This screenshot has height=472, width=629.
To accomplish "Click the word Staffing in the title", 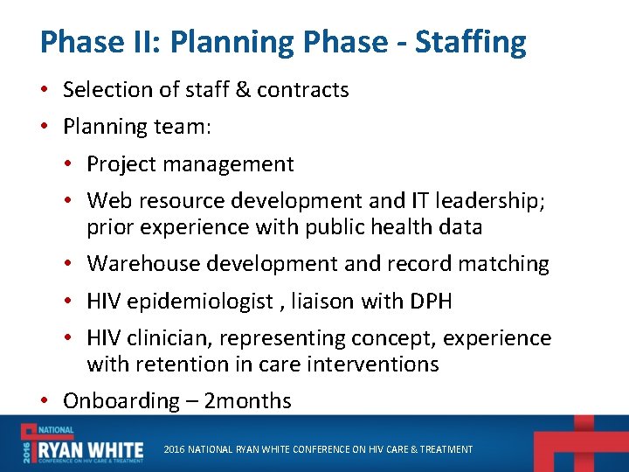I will pyautogui.click(x=471, y=42).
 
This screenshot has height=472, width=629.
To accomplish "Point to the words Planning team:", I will pyautogui.click(x=137, y=127).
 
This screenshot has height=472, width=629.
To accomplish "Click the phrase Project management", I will pyautogui.click(x=190, y=164).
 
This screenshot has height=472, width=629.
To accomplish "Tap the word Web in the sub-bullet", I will pyautogui.click(x=108, y=202).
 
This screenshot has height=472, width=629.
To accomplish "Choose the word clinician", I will pyautogui.click(x=175, y=338).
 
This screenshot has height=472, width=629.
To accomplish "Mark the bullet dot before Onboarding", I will pyautogui.click(x=45, y=402).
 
